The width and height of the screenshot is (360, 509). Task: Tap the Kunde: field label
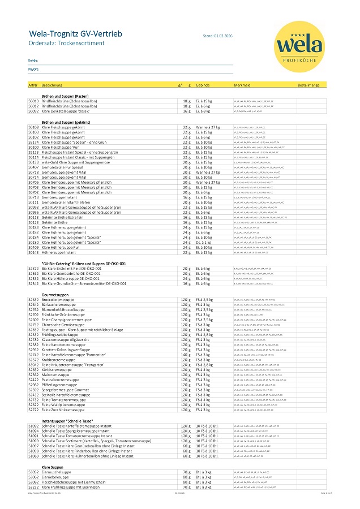coord(33,60)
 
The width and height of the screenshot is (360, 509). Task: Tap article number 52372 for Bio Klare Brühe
coord(33,269)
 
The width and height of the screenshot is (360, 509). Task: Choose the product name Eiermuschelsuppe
coord(57,472)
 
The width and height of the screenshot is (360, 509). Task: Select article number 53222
coord(33,487)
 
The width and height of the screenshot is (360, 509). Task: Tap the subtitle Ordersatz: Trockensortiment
coord(63,44)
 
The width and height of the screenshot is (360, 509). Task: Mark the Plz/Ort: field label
coord(33,69)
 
